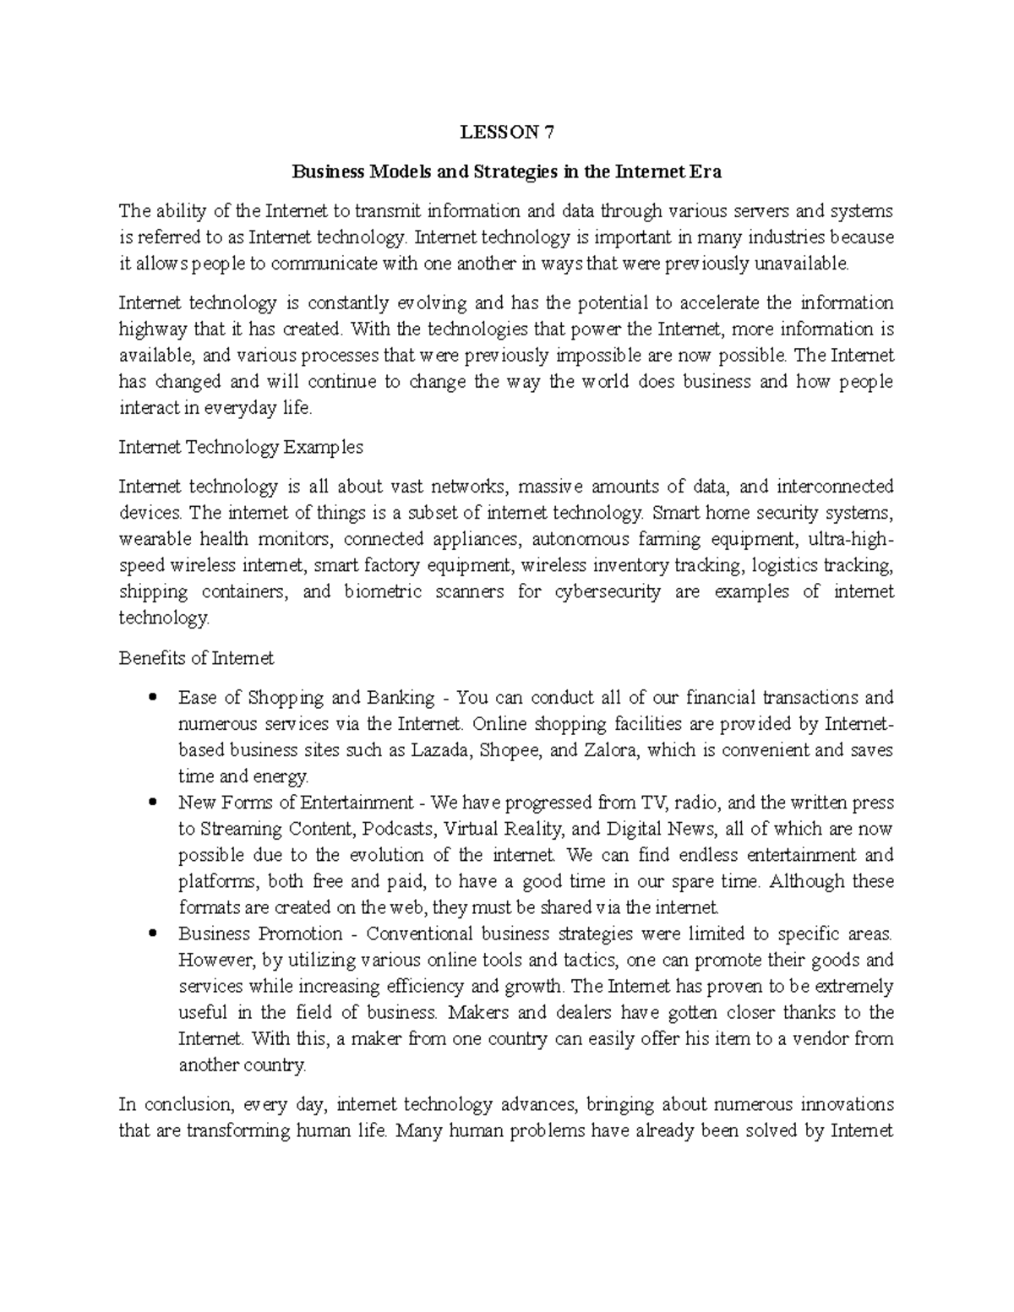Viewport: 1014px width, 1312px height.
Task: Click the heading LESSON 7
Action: pos(506,132)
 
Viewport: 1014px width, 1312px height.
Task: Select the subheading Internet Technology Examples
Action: pos(241,447)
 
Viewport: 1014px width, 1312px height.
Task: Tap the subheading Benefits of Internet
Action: pos(196,657)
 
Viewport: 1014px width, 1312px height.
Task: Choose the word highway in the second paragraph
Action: pos(150,329)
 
